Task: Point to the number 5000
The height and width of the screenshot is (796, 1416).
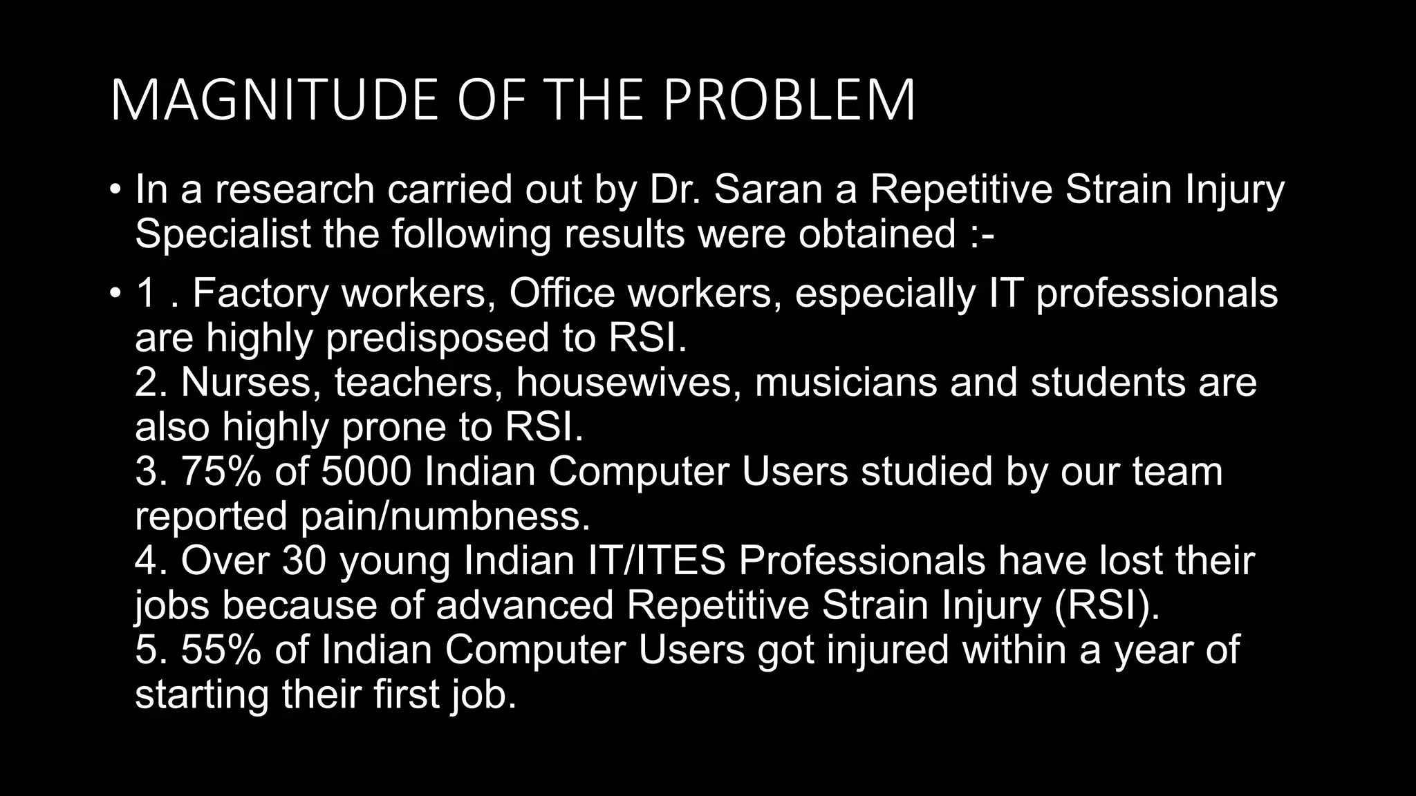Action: pos(366,471)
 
